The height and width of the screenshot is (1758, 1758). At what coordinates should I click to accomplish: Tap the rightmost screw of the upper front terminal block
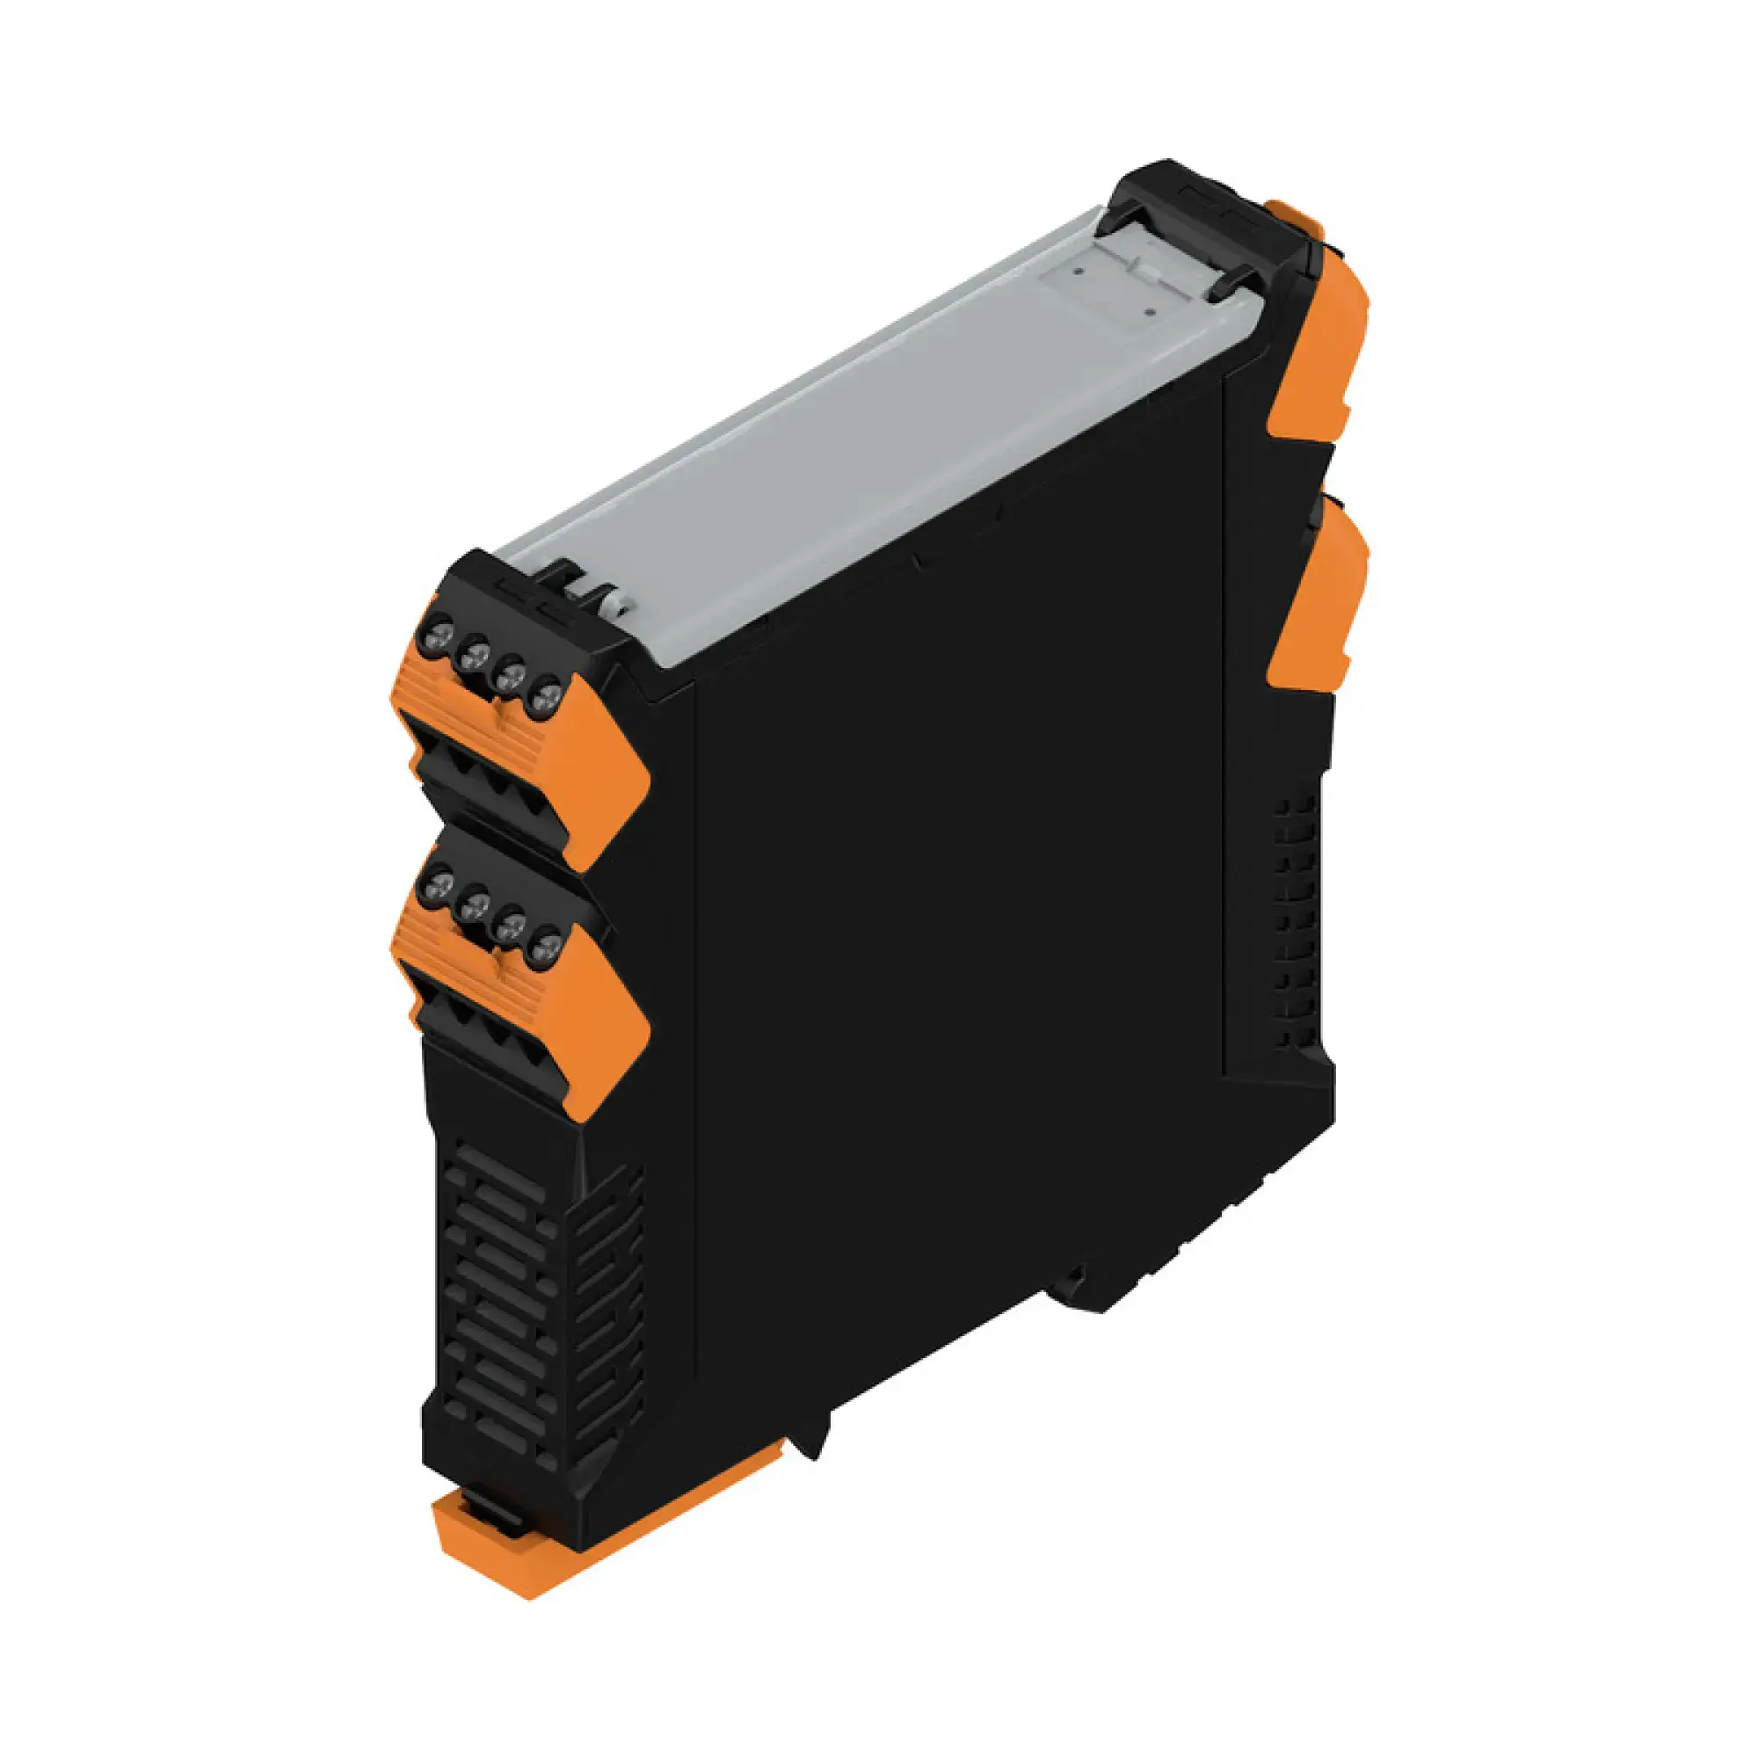[546, 698]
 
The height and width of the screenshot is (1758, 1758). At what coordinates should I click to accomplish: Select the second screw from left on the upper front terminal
[474, 651]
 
